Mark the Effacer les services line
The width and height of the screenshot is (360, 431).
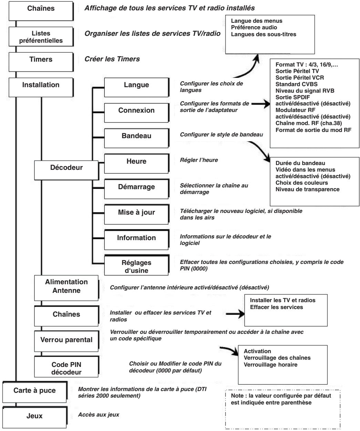(x=277, y=307)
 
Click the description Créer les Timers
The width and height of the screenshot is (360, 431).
(x=112, y=59)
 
